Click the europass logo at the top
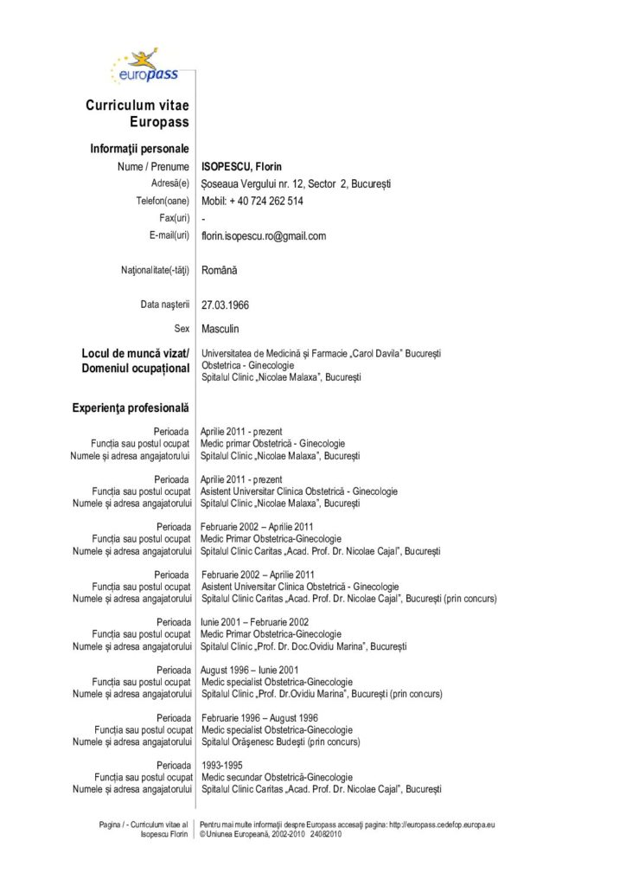(144, 67)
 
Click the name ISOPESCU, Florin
(241, 167)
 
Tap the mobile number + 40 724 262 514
(252, 201)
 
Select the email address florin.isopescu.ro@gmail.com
(264, 235)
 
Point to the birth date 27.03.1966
(225, 305)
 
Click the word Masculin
(220, 329)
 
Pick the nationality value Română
(220, 270)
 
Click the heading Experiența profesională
(131, 407)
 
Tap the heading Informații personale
(139, 149)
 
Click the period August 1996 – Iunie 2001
(250, 670)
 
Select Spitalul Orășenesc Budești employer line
(281, 742)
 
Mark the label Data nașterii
(164, 305)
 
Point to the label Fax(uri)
(175, 218)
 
